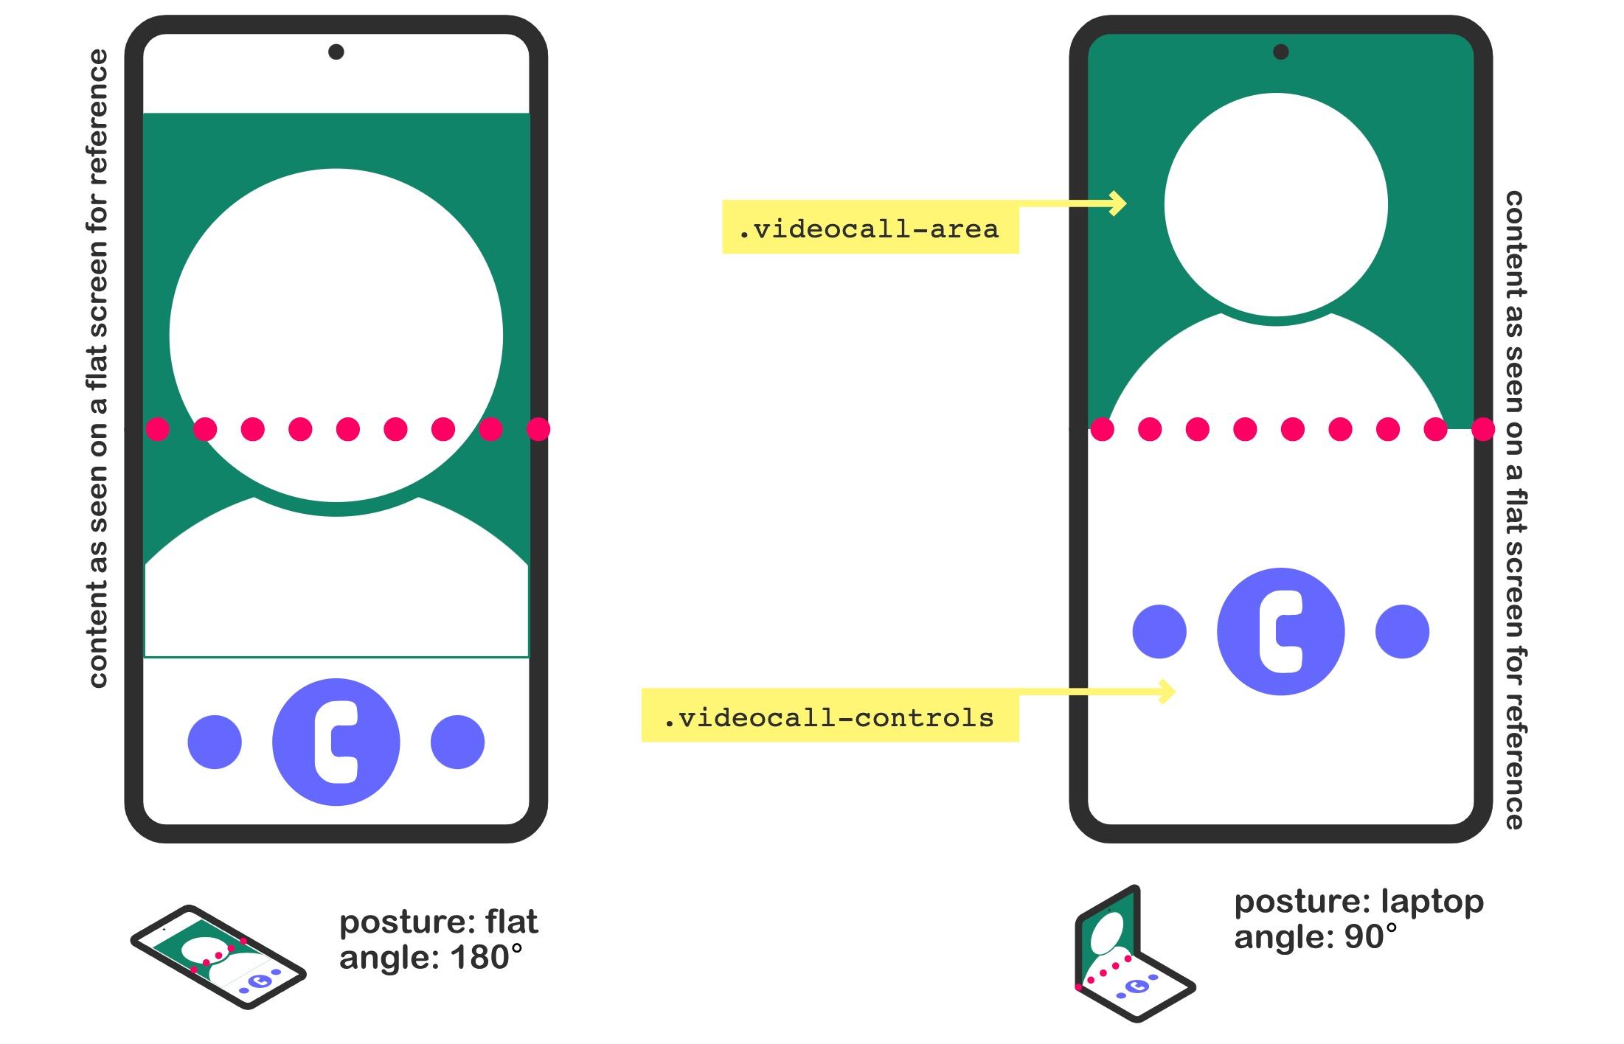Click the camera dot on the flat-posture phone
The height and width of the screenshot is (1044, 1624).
pos(336,52)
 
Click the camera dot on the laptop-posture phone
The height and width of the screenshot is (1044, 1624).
pos(1281,52)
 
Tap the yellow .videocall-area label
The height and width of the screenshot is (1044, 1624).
pos(870,227)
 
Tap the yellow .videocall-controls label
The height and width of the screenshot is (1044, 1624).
pos(830,715)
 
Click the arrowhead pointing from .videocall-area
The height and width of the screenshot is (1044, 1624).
pos(1118,203)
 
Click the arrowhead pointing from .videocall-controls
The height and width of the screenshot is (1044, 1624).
pos(1167,691)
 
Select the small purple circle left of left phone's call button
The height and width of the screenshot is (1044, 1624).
pos(215,742)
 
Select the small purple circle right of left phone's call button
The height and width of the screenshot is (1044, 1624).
pos(457,742)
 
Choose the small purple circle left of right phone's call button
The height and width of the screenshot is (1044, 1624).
pos(1159,631)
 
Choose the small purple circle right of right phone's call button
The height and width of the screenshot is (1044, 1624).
pos(1402,631)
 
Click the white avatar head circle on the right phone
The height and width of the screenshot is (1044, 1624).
pos(1276,205)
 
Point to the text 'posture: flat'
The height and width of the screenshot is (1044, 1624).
pos(439,922)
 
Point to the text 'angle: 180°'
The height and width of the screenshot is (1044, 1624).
pos(431,957)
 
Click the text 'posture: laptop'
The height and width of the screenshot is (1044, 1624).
pos(1358,902)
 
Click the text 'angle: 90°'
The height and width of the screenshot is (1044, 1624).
pos(1316,936)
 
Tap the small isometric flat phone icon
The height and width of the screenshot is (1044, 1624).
pos(218,956)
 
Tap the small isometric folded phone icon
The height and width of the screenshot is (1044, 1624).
pos(1134,954)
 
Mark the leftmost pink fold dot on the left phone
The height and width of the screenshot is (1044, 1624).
pos(157,429)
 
